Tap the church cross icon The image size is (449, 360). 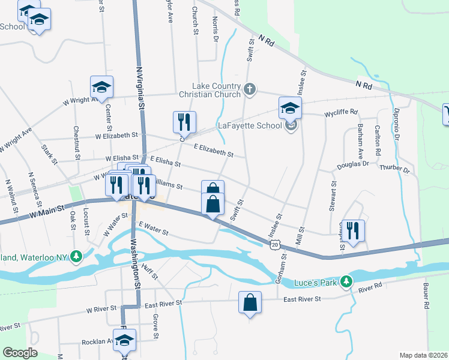(x=250, y=90)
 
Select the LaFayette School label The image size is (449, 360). (x=249, y=126)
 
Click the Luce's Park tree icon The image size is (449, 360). (x=346, y=281)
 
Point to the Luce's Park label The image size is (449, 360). (x=317, y=283)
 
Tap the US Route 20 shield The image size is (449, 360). (x=274, y=244)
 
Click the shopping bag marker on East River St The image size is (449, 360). (x=250, y=303)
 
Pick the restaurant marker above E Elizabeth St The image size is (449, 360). (x=184, y=122)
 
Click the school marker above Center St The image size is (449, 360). (x=101, y=88)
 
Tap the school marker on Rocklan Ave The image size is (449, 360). (x=124, y=340)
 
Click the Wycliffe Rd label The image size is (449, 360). (x=341, y=112)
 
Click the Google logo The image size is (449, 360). (x=20, y=353)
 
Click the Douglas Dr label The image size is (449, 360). (x=352, y=164)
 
